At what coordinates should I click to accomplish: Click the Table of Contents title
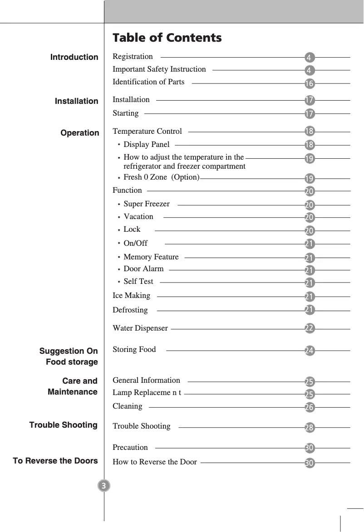pyautogui.click(x=167, y=38)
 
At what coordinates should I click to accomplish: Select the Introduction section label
pyautogui.click(x=74, y=57)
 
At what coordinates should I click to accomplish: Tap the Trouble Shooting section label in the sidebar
pyautogui.click(x=64, y=425)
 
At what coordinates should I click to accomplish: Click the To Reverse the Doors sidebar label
pyautogui.click(x=55, y=461)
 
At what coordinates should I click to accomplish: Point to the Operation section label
pyautogui.click(x=80, y=133)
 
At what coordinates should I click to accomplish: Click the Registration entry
pyautogui.click(x=133, y=57)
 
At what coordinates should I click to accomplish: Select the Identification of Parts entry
pyautogui.click(x=148, y=82)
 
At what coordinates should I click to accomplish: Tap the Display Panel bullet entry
pyautogui.click(x=146, y=145)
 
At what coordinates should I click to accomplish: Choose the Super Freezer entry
pyautogui.click(x=146, y=204)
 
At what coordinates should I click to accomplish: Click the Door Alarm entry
pyautogui.click(x=143, y=269)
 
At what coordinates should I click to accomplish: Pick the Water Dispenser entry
pyautogui.click(x=140, y=328)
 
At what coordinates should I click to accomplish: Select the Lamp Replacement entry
pyautogui.click(x=147, y=393)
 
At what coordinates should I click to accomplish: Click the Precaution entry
pyautogui.click(x=130, y=448)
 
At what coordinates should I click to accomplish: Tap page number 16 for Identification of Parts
pyautogui.click(x=309, y=84)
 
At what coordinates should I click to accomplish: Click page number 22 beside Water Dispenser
pyautogui.click(x=309, y=328)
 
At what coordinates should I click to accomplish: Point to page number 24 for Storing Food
pyautogui.click(x=309, y=351)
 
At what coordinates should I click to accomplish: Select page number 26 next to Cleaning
pyautogui.click(x=309, y=407)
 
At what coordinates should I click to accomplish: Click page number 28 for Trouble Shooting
pyautogui.click(x=309, y=428)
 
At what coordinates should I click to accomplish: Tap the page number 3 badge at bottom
pyautogui.click(x=104, y=486)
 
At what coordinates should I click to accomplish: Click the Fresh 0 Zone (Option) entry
pyautogui.click(x=161, y=177)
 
